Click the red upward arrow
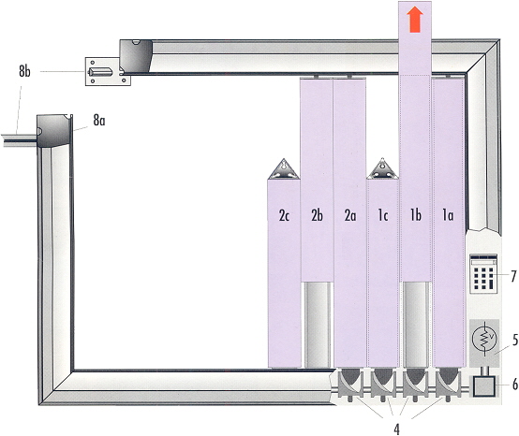point(415,20)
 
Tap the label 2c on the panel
point(284,216)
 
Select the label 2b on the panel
point(317,215)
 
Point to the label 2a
point(350,215)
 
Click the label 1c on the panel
point(383,215)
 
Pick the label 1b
point(416,215)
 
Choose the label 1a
point(448,215)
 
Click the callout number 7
point(513,276)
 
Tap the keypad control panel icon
point(483,274)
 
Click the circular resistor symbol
point(484,342)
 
